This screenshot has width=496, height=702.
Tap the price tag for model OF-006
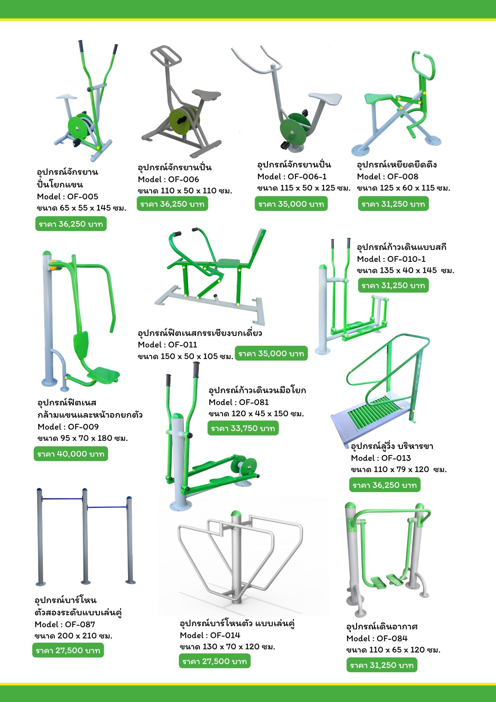pos(172,204)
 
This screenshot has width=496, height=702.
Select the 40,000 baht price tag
pos(71,454)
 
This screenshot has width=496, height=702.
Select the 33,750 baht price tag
pos(243,428)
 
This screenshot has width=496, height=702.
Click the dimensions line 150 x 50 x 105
pos(186,356)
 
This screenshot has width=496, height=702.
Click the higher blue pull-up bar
pos(62,498)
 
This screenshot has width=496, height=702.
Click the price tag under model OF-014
pos(215,661)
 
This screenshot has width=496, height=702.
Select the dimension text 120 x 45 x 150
pos(256,414)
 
